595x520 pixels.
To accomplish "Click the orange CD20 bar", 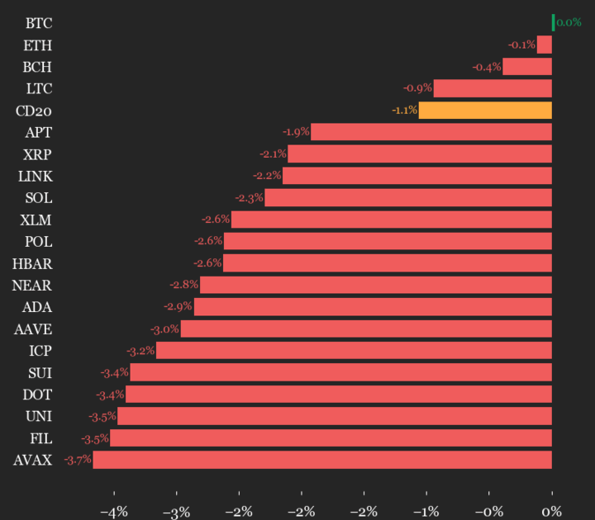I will (x=485, y=110).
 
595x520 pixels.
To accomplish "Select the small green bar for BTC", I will (x=553, y=22).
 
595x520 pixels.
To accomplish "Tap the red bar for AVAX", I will (x=322, y=460).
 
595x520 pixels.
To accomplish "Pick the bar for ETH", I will (x=545, y=45).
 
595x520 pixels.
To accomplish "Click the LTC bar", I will (x=493, y=88).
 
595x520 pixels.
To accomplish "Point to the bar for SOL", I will (x=408, y=198).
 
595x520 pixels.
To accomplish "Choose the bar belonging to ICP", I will (x=354, y=351).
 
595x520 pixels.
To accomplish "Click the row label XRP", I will (x=38, y=154).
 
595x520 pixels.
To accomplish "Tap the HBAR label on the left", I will (x=33, y=264).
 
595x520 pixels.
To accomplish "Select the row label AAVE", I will (x=33, y=329).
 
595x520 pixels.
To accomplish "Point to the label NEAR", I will (x=32, y=286).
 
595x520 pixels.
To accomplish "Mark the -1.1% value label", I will (x=404, y=110).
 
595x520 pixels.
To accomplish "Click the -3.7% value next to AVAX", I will (x=78, y=460).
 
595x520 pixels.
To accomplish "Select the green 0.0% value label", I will (x=569, y=22).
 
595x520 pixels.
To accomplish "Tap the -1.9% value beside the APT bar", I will (x=296, y=132).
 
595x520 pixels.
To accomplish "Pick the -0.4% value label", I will (x=487, y=67).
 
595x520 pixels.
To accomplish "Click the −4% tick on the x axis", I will (x=113, y=511).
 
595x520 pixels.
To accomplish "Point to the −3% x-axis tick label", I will (x=176, y=511).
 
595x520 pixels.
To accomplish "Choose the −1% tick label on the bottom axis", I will (x=426, y=511).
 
